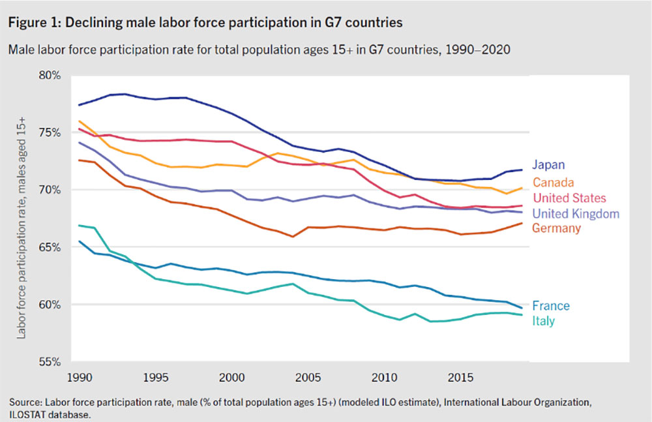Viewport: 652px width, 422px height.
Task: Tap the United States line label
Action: click(569, 198)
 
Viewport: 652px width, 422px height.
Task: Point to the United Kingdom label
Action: click(576, 213)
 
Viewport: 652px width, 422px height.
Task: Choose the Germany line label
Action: click(556, 228)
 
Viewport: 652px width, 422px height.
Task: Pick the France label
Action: click(551, 305)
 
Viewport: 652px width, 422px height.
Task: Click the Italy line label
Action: click(543, 321)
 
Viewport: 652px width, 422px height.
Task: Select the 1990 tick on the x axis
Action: click(78, 378)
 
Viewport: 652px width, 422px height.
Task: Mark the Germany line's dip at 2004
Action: click(292, 237)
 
